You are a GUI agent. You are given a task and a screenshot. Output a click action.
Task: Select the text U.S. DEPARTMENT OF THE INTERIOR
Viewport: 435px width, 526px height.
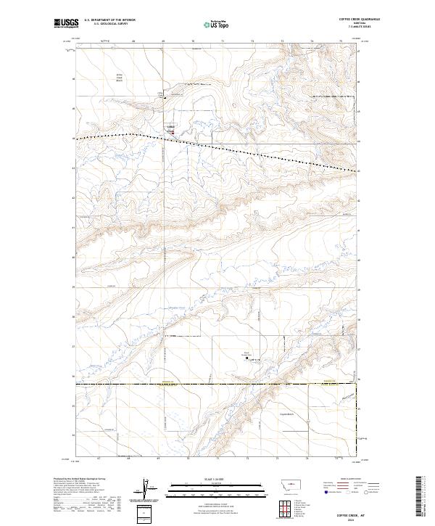(x=110, y=20)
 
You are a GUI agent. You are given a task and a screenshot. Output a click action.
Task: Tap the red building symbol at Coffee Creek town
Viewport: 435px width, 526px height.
(x=173, y=131)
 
